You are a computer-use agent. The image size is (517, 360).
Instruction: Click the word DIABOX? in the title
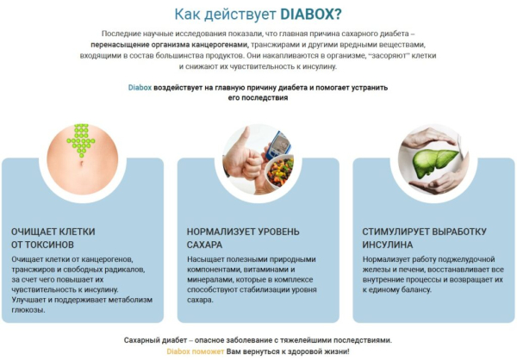tap(311, 14)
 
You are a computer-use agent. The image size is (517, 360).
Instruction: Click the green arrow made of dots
tap(80, 139)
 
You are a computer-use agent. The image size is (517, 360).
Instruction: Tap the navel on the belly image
tap(80, 163)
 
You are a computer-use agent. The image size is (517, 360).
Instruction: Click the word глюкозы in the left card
tap(28, 310)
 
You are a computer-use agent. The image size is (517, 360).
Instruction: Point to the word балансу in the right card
tap(420, 289)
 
